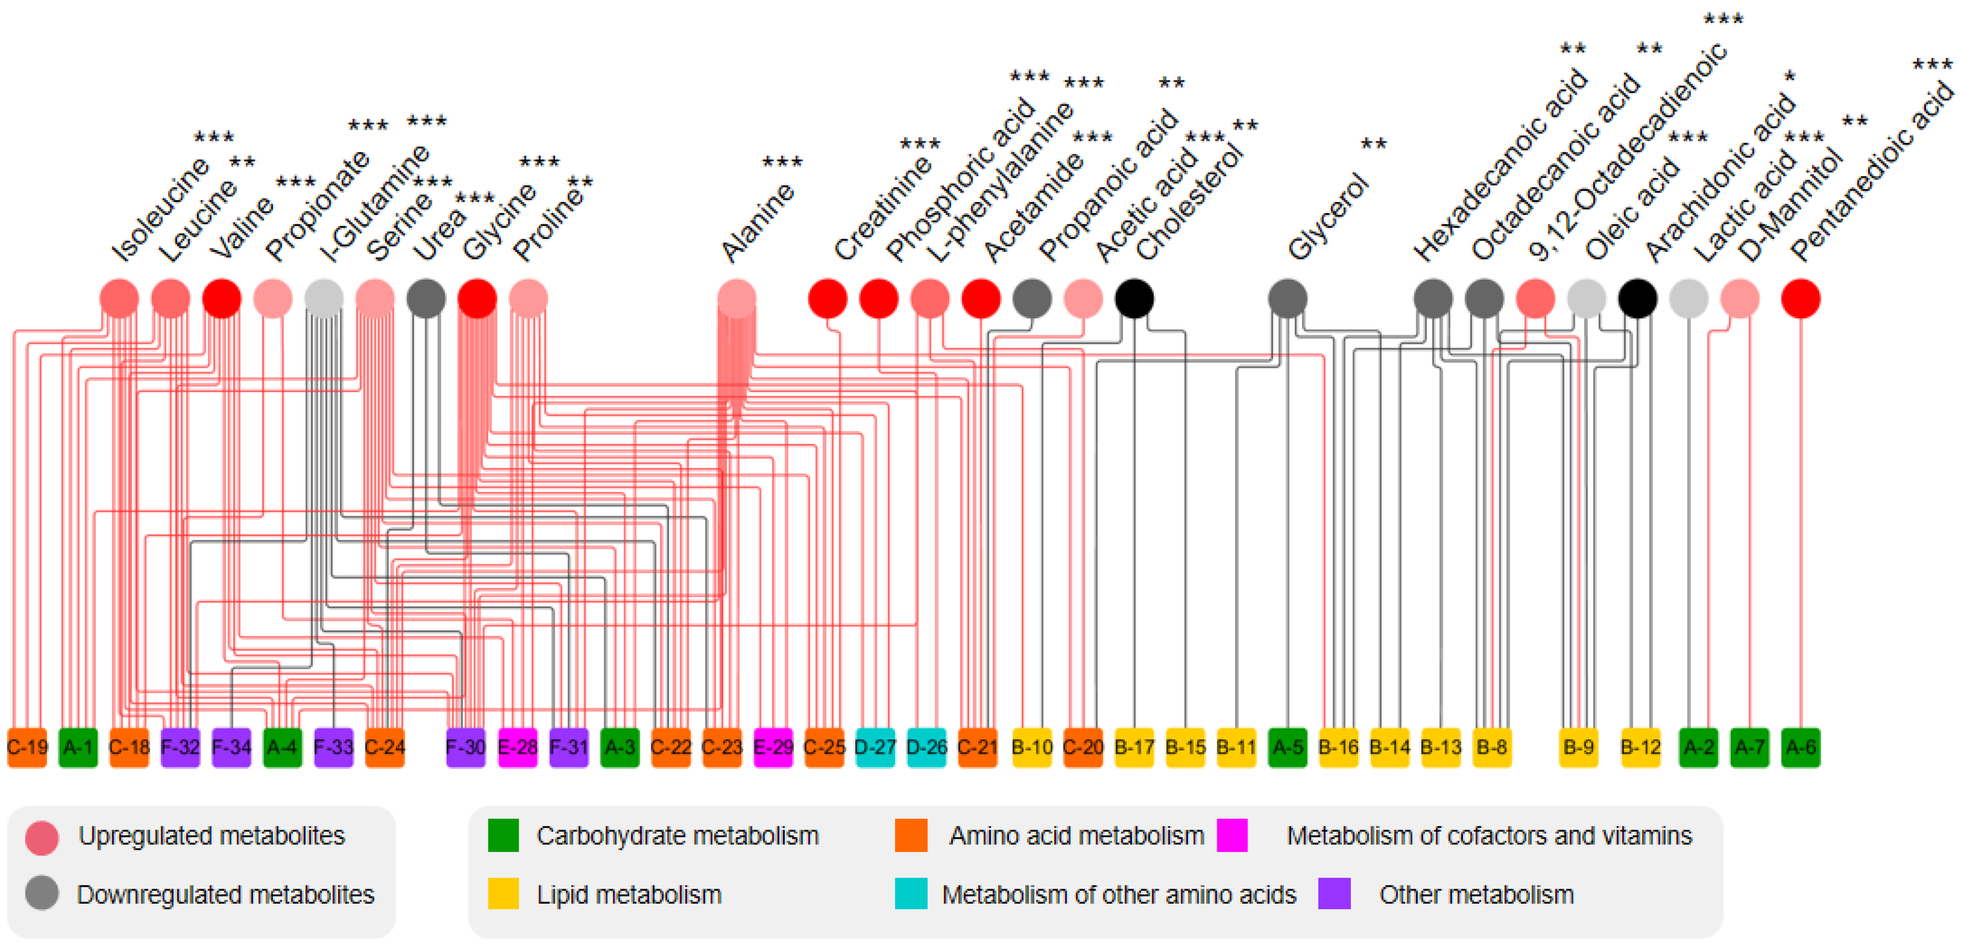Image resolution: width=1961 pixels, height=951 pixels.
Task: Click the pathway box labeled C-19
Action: click(27, 747)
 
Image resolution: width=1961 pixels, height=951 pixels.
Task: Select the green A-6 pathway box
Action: click(1801, 747)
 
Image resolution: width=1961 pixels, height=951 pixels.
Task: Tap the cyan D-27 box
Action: click(875, 747)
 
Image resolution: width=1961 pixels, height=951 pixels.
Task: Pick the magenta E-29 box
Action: click(773, 747)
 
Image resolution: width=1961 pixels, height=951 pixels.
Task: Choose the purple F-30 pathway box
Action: click(465, 747)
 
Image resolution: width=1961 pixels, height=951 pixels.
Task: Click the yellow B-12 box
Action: click(1640, 747)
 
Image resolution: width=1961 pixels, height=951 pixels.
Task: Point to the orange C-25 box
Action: click(824, 747)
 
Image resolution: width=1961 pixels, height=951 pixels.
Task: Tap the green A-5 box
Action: click(1287, 747)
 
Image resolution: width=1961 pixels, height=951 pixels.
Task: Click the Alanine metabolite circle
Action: click(736, 298)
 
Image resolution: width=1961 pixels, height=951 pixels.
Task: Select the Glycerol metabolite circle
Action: click(1287, 298)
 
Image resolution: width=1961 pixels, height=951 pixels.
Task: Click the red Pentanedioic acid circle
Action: click(1801, 298)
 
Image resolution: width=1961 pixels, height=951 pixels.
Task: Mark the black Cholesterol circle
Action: click(1134, 298)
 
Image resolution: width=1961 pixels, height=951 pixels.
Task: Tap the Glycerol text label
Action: click(1328, 217)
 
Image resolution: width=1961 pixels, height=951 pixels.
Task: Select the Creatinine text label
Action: click(883, 209)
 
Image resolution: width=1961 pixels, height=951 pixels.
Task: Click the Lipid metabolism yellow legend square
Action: click(503, 894)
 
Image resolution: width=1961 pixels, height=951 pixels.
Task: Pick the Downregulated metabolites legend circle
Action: click(41, 893)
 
